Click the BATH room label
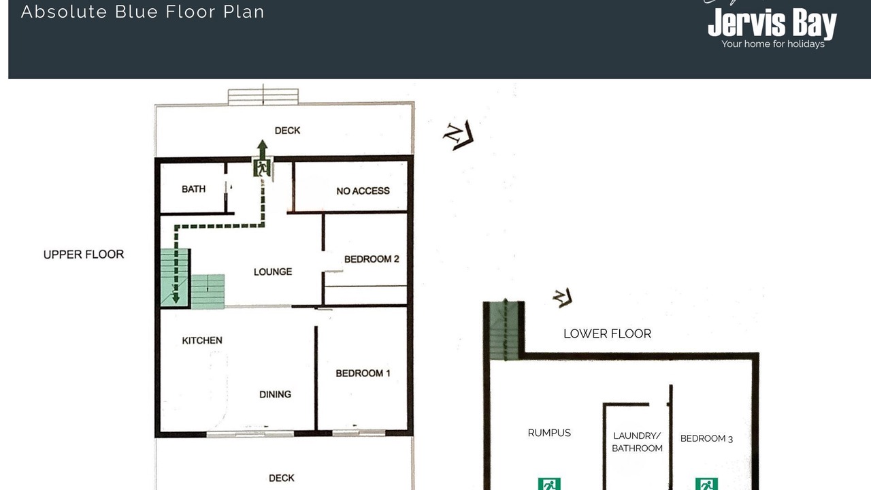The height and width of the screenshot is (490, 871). (193, 189)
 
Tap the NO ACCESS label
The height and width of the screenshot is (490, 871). (363, 191)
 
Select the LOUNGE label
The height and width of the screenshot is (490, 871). (273, 272)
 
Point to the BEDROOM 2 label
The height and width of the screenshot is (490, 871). (372, 259)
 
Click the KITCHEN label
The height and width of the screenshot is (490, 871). (202, 341)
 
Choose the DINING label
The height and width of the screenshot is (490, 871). (275, 394)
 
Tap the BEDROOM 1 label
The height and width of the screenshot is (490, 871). (363, 374)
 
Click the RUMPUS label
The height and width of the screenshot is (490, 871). (549, 433)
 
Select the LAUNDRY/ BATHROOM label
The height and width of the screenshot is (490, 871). (637, 442)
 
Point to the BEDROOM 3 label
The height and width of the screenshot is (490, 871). (706, 439)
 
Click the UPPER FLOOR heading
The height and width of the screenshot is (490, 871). (84, 255)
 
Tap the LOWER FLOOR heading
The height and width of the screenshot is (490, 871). (607, 333)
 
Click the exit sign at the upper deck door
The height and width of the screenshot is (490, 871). (262, 167)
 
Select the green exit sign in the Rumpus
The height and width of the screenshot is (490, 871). (549, 484)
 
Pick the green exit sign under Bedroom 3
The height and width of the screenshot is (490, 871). (706, 484)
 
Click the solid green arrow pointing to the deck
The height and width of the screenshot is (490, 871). (263, 149)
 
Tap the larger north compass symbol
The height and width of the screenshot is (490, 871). (459, 135)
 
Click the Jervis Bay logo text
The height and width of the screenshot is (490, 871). (772, 23)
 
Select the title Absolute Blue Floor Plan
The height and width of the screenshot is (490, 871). (143, 12)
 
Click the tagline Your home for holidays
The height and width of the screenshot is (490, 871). (773, 44)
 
